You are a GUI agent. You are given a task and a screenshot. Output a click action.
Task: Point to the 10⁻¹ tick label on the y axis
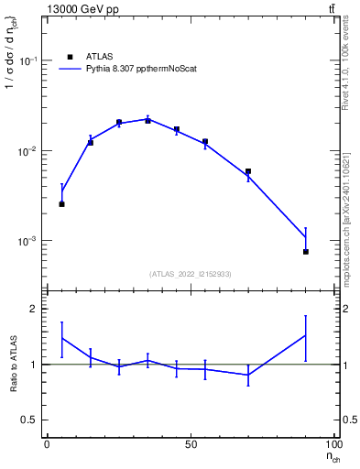tap(28, 60)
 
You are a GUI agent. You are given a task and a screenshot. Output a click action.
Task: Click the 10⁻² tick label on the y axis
tap(28, 151)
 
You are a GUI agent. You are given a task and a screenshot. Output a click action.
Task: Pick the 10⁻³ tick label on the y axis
tap(28, 241)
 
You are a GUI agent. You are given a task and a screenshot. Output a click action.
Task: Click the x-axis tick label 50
tap(190, 443)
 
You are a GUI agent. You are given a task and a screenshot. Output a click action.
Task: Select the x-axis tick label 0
tap(47, 443)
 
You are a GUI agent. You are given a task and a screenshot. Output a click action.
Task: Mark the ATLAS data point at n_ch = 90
tap(305, 251)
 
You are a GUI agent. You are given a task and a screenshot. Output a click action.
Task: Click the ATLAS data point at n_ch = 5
tap(61, 204)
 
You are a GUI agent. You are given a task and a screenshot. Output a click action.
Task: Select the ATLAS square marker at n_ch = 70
tap(248, 171)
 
